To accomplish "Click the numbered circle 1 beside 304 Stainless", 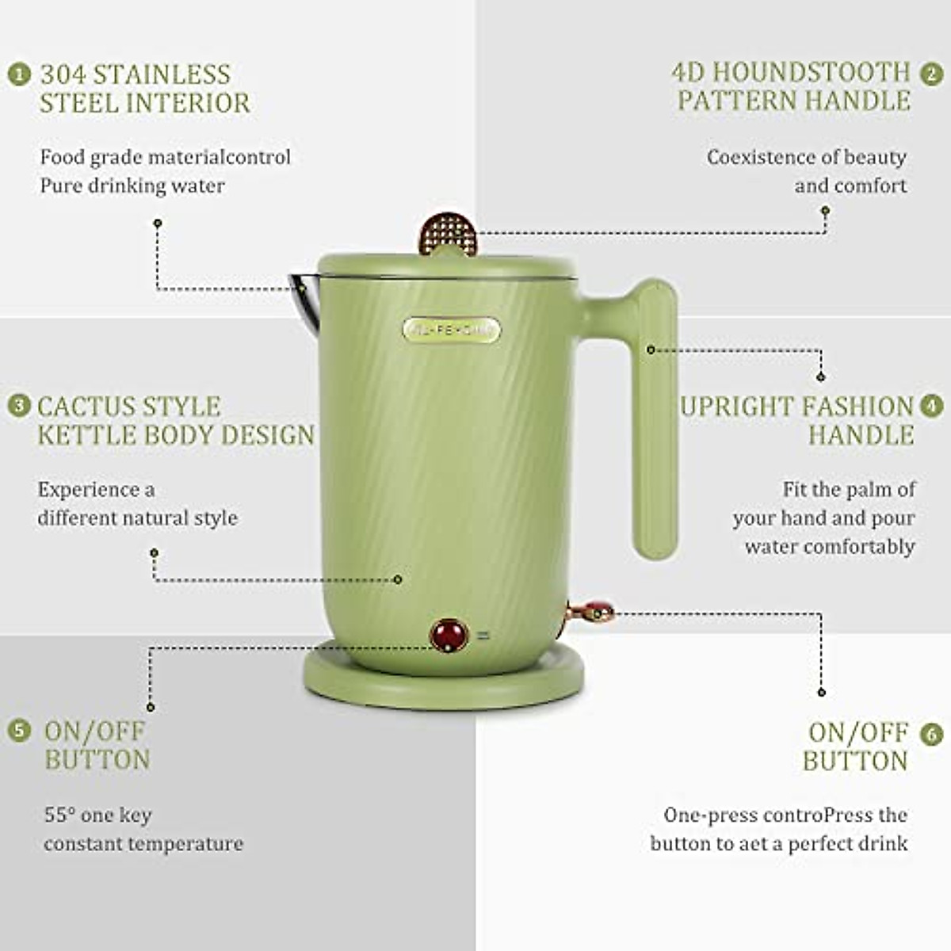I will [20, 74].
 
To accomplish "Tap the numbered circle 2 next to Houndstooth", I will [931, 74].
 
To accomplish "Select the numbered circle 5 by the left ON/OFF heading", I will [20, 730].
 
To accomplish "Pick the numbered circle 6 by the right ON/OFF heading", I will [932, 733].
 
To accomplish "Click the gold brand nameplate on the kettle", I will [451, 330].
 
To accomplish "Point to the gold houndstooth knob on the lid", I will [449, 231].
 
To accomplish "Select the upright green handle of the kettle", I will [654, 420].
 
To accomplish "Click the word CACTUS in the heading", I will [87, 407].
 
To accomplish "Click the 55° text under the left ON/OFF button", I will [59, 815].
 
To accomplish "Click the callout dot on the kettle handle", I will [651, 349].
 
